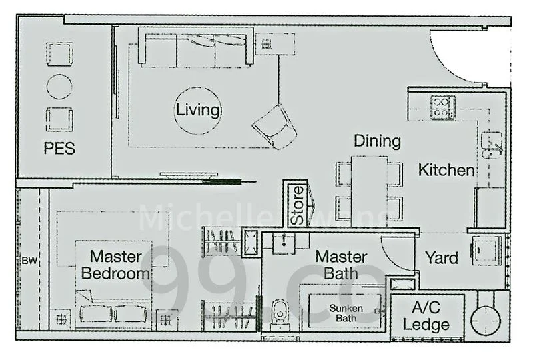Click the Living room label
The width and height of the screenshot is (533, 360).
coord(198,110)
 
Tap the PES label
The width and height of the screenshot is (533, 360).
coord(59,148)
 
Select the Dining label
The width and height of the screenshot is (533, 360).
coord(377,141)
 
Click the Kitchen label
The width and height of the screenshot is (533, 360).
coord(446,170)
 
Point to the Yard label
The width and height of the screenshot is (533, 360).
coord(441,257)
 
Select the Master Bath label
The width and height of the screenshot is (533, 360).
coord(341,265)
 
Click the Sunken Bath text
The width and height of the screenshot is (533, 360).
coord(347,313)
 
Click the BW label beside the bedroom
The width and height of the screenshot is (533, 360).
coord(29,261)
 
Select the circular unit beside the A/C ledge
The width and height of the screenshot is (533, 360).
coord(485,318)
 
